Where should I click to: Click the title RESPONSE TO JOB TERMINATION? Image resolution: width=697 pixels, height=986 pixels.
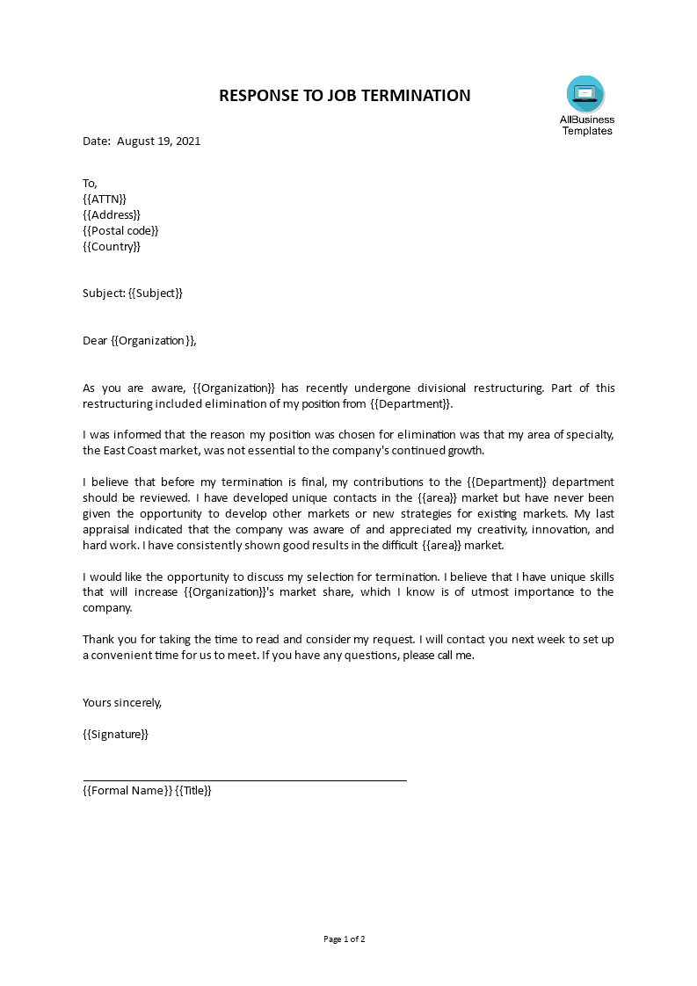(345, 96)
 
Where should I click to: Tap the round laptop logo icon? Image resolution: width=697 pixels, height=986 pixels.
(585, 93)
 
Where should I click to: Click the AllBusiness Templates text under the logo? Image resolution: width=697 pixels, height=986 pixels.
(587, 125)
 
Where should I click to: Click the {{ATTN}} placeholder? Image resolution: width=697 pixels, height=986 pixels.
(105, 199)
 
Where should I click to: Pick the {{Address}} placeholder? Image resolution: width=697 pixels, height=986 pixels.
(112, 214)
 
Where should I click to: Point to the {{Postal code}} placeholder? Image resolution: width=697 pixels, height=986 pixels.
(120, 230)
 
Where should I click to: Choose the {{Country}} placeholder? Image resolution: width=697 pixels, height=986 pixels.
(112, 246)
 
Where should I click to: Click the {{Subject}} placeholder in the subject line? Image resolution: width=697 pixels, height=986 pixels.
(156, 293)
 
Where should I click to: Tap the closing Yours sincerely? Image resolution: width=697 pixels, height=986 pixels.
(122, 702)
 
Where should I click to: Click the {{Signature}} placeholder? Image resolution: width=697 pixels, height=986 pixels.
(116, 734)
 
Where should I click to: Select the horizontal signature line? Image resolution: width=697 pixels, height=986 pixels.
(244, 779)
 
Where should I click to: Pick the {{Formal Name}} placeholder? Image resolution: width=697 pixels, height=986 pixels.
(127, 790)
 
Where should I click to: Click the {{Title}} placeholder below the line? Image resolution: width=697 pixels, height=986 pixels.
(193, 790)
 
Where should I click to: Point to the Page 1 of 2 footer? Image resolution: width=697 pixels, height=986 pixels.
(345, 939)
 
